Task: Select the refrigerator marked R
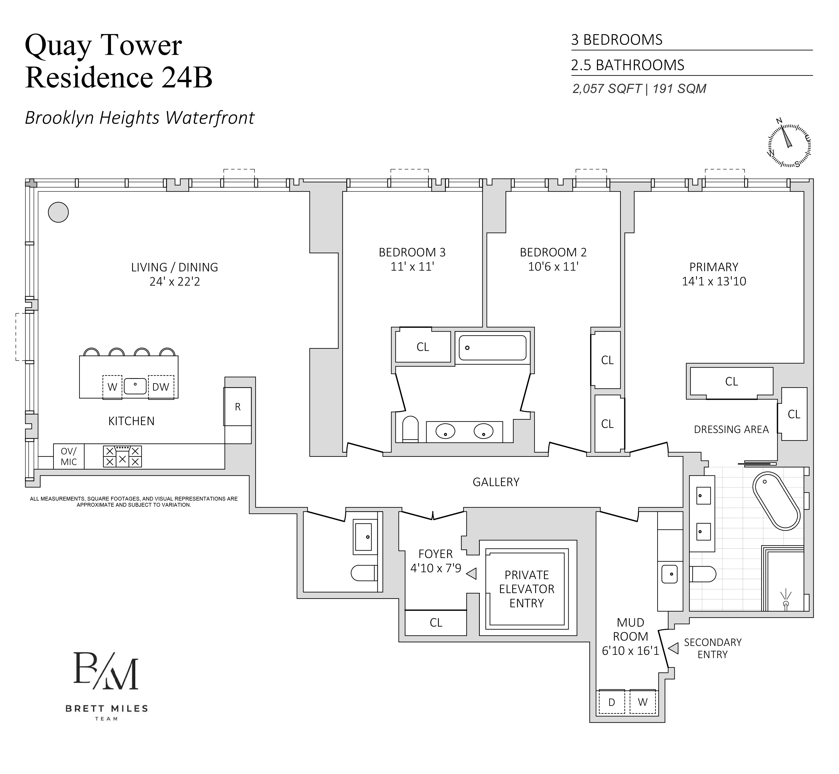238,407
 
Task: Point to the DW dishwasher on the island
161,387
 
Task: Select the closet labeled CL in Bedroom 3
423,347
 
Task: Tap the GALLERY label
496,482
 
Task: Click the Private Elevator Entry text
526,589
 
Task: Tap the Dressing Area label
731,429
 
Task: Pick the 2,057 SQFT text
607,89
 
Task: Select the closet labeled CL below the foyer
436,623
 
